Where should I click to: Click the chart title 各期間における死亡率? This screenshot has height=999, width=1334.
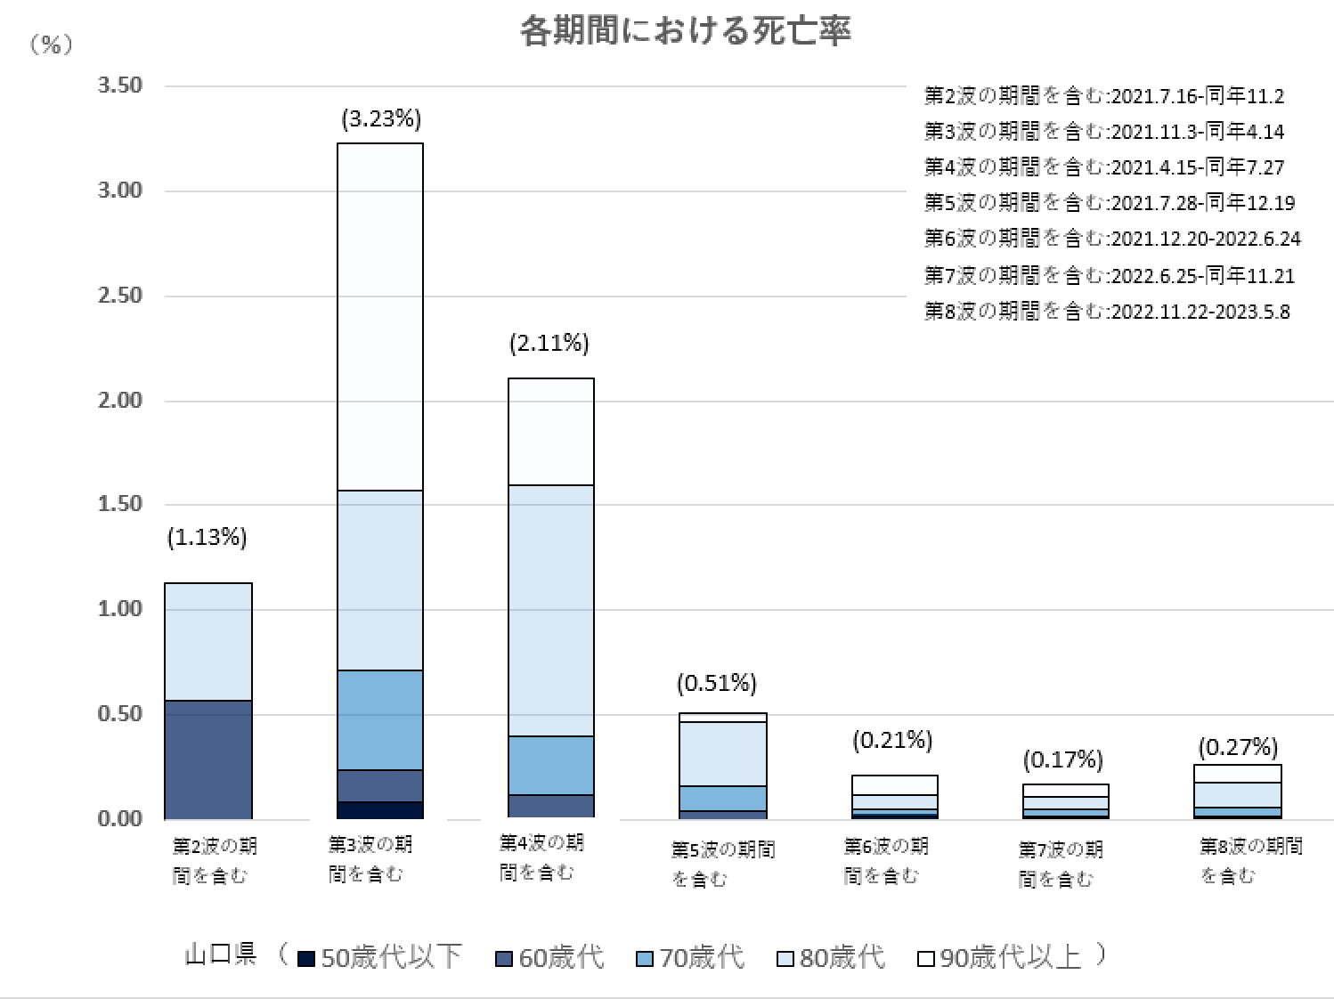coord(685,31)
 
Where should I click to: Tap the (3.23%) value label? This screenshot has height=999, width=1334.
coord(381,118)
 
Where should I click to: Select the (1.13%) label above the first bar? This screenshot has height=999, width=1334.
coord(207,537)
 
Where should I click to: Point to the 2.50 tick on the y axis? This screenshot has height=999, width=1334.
coord(119,296)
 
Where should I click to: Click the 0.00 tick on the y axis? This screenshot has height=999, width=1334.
coord(119,818)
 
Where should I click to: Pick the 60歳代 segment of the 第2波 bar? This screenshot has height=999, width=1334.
coord(208,759)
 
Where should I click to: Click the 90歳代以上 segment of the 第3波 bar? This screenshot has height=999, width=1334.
coord(380,316)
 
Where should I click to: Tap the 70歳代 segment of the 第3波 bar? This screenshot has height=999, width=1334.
coord(380,719)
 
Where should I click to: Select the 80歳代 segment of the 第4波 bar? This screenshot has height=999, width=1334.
coord(551,610)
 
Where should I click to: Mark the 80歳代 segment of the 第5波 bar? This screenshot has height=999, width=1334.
coord(723,753)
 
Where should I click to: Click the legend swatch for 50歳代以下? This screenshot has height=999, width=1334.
coord(305,958)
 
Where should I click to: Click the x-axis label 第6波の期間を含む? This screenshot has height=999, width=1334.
coord(885,860)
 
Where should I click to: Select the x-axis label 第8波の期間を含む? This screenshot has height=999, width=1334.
coord(1249,860)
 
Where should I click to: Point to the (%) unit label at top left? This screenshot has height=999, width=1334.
coord(52,45)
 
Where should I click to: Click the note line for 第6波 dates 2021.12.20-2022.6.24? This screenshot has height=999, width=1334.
coord(1111,239)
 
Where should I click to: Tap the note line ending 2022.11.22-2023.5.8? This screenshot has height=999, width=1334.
coord(1106,312)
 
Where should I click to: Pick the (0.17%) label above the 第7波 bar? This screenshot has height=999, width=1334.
coord(1062,759)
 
